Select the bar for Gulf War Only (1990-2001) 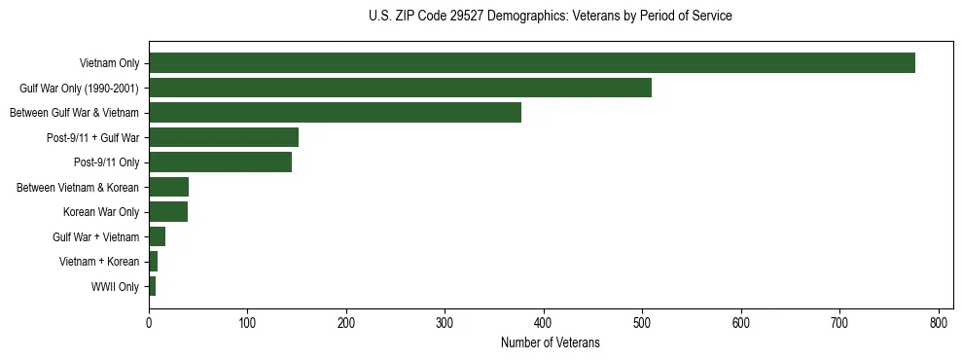[400, 88]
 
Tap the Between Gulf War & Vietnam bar [335, 113]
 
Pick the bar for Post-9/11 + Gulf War [223, 137]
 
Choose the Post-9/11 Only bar [220, 162]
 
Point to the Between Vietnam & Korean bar [168, 187]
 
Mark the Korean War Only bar [167, 212]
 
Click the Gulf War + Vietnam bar [157, 236]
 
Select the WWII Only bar [152, 286]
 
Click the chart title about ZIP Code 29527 [551, 17]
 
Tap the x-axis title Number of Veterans [551, 342]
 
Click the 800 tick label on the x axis [939, 323]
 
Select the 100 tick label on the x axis [247, 323]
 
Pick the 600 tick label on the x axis [741, 323]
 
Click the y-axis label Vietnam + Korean [99, 262]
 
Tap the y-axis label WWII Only [115, 286]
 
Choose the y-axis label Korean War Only [101, 212]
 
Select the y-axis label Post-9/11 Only [107, 162]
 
